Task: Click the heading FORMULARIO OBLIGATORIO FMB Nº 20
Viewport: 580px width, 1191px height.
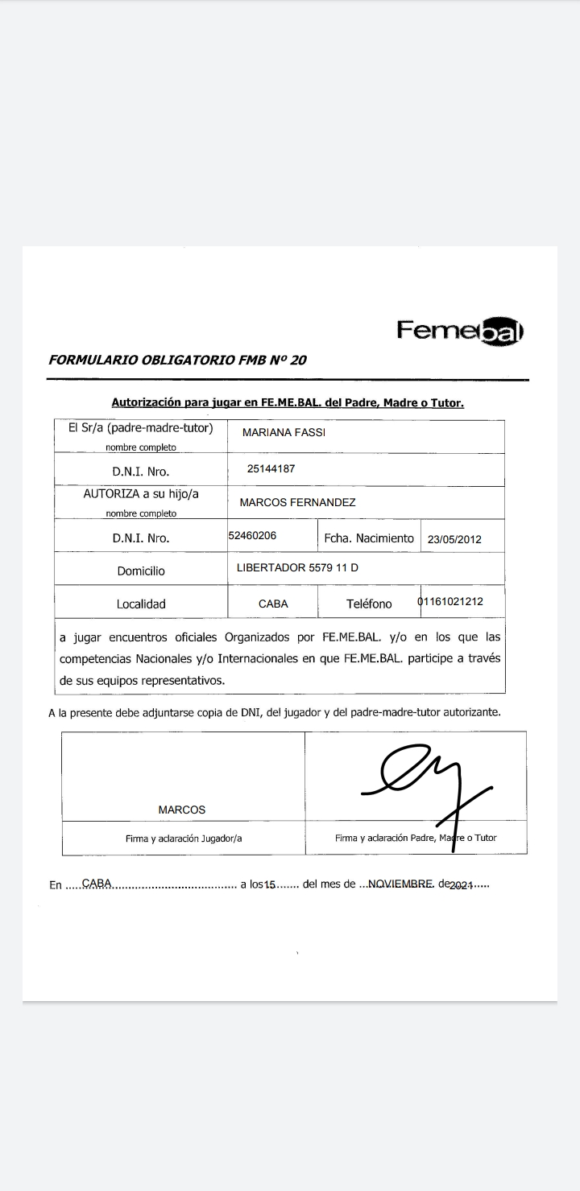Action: pos(177,360)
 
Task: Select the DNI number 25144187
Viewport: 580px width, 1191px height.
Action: pos(272,467)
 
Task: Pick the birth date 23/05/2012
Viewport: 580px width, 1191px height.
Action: pos(454,539)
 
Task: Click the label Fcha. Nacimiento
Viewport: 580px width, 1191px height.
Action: pos(369,538)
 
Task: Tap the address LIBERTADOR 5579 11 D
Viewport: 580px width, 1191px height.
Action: pos(297,567)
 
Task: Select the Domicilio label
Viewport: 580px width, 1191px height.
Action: pos(141,571)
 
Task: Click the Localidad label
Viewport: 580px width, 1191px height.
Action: pos(141,604)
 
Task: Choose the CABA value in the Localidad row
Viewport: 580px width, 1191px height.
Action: pos(273,604)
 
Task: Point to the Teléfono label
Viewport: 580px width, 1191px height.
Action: pos(369,604)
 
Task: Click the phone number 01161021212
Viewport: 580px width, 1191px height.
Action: pos(450,601)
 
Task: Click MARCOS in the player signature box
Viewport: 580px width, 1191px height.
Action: pos(181,810)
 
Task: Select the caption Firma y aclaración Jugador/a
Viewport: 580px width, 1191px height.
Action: pos(184,838)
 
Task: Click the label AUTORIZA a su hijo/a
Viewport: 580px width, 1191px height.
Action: pos(141,494)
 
